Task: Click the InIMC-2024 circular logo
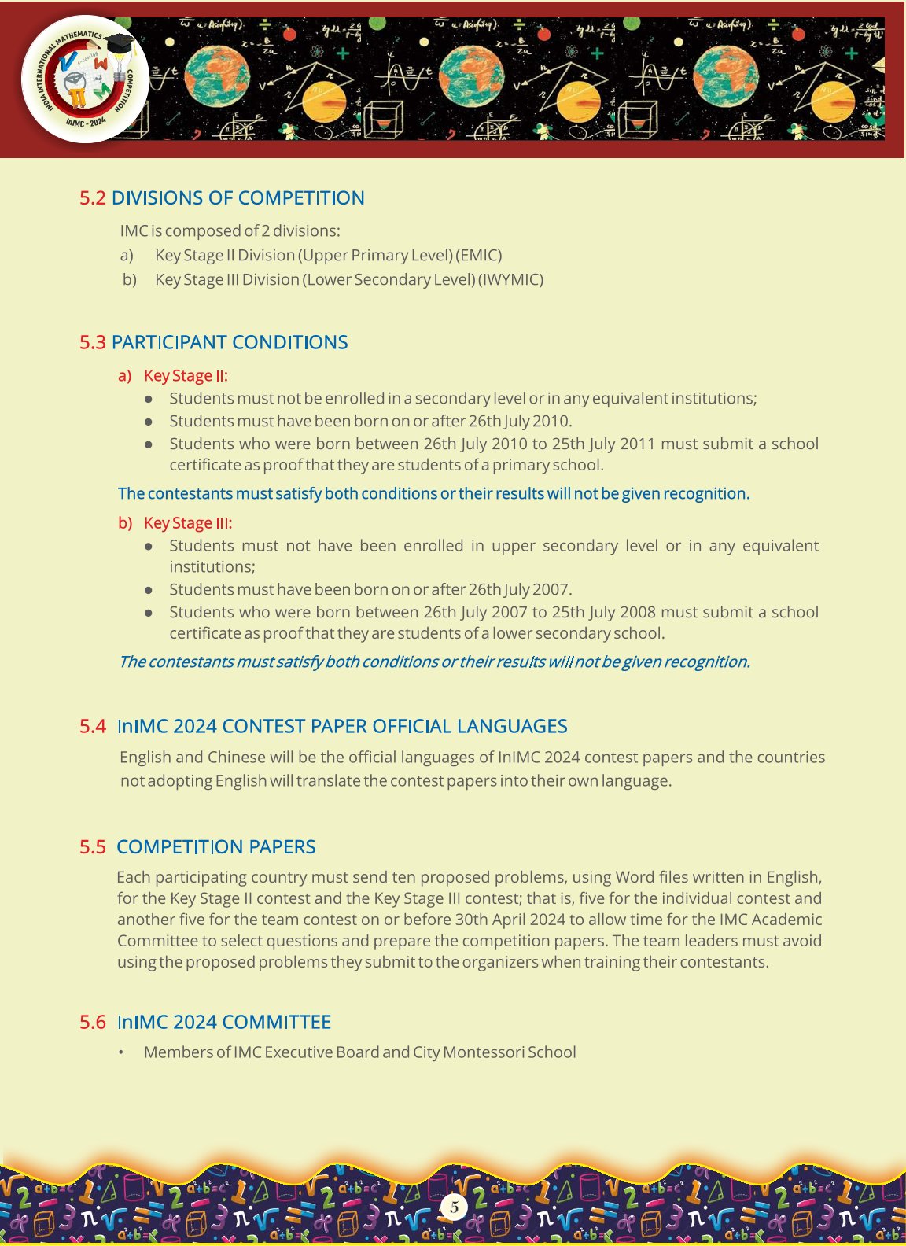[x=85, y=79]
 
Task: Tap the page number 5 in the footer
[x=454, y=1207]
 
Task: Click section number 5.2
[x=92, y=198]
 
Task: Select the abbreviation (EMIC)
[x=479, y=255]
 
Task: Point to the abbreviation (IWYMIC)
[x=510, y=279]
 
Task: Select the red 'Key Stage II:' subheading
[x=186, y=376]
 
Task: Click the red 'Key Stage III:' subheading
[x=188, y=523]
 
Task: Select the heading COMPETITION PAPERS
[x=215, y=847]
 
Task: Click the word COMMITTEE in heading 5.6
[x=276, y=1023]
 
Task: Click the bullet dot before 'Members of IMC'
[x=121, y=1052]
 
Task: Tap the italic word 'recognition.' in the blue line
[x=707, y=662]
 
